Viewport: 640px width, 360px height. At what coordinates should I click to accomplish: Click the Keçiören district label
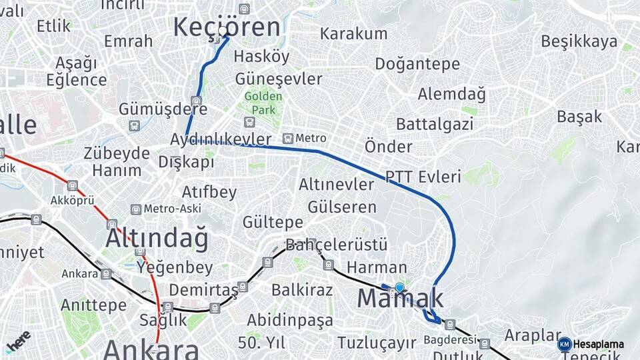(x=227, y=27)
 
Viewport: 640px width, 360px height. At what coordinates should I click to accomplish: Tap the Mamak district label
(x=400, y=298)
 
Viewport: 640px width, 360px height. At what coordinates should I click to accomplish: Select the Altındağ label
(x=157, y=238)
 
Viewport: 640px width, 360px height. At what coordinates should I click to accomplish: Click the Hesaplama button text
(x=599, y=345)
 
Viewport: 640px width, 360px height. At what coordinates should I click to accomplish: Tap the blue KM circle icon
(x=565, y=344)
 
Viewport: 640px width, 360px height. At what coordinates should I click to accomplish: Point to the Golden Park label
(x=263, y=102)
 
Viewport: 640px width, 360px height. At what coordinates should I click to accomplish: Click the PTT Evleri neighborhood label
(x=423, y=177)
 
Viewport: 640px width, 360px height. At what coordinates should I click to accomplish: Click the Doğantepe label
(x=417, y=64)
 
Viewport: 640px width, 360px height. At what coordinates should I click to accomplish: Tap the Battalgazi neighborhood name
(x=435, y=124)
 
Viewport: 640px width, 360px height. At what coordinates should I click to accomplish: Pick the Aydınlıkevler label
(x=221, y=139)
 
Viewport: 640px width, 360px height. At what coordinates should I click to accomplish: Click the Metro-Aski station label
(x=172, y=209)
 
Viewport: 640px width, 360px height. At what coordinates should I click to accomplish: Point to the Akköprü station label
(x=73, y=200)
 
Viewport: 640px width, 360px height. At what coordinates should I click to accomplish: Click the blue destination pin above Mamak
(x=399, y=287)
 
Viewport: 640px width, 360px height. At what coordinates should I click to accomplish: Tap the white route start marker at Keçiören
(x=223, y=31)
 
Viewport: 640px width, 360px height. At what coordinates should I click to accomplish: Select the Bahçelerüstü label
(x=337, y=246)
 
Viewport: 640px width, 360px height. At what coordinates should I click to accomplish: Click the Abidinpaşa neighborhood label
(x=289, y=321)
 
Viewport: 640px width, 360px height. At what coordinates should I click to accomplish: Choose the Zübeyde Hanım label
(x=117, y=161)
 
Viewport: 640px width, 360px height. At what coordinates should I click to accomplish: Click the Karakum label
(x=353, y=33)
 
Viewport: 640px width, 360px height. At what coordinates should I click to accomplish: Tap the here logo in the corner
(x=19, y=340)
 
